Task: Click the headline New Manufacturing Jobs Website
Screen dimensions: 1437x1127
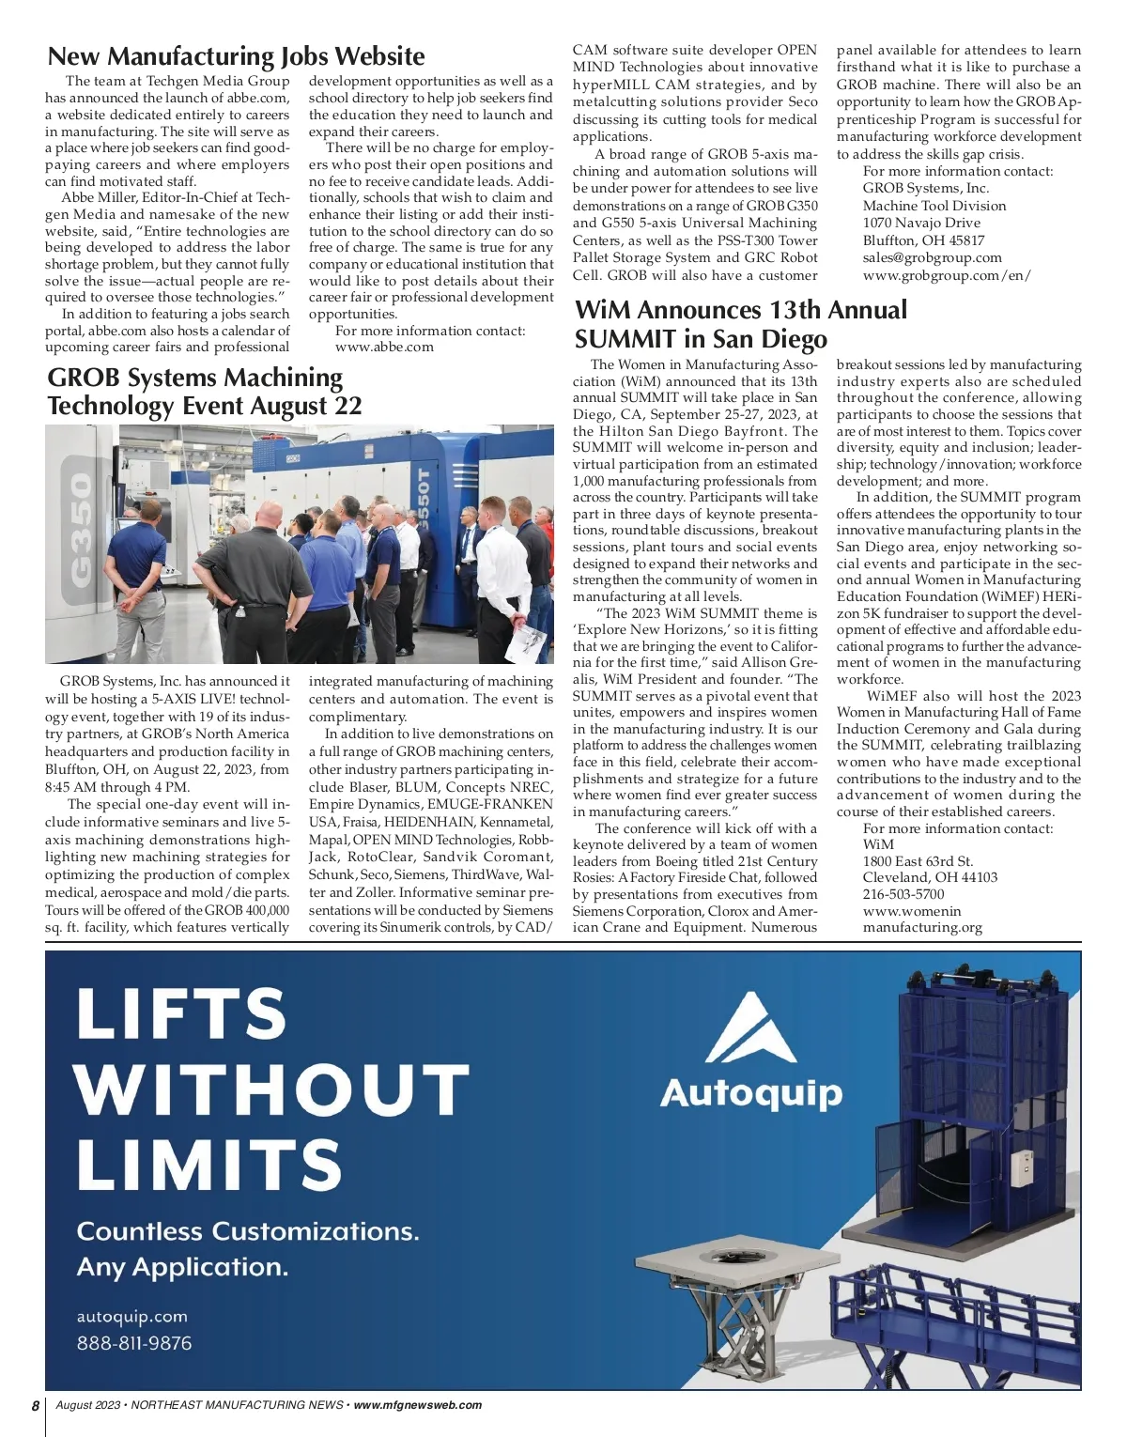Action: coord(236,56)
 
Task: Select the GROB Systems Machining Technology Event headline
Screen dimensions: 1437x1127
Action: coord(204,392)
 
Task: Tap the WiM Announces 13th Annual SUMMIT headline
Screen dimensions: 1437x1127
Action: coord(741,324)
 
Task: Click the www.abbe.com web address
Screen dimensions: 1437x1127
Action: coord(384,347)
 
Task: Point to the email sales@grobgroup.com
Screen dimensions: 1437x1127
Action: coord(932,257)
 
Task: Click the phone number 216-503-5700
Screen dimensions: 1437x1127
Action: coord(903,894)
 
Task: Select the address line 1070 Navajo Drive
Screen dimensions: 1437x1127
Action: coord(921,223)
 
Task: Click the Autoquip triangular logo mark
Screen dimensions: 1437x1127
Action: coord(750,1028)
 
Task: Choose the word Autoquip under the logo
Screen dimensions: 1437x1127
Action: coord(750,1093)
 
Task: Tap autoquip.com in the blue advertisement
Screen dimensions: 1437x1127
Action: coord(131,1317)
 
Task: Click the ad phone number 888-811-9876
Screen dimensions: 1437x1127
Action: coord(134,1343)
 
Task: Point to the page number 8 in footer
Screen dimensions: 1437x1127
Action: coord(36,1406)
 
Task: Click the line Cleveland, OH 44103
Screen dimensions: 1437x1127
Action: coord(930,877)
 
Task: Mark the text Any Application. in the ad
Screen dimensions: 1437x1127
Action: coord(182,1267)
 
